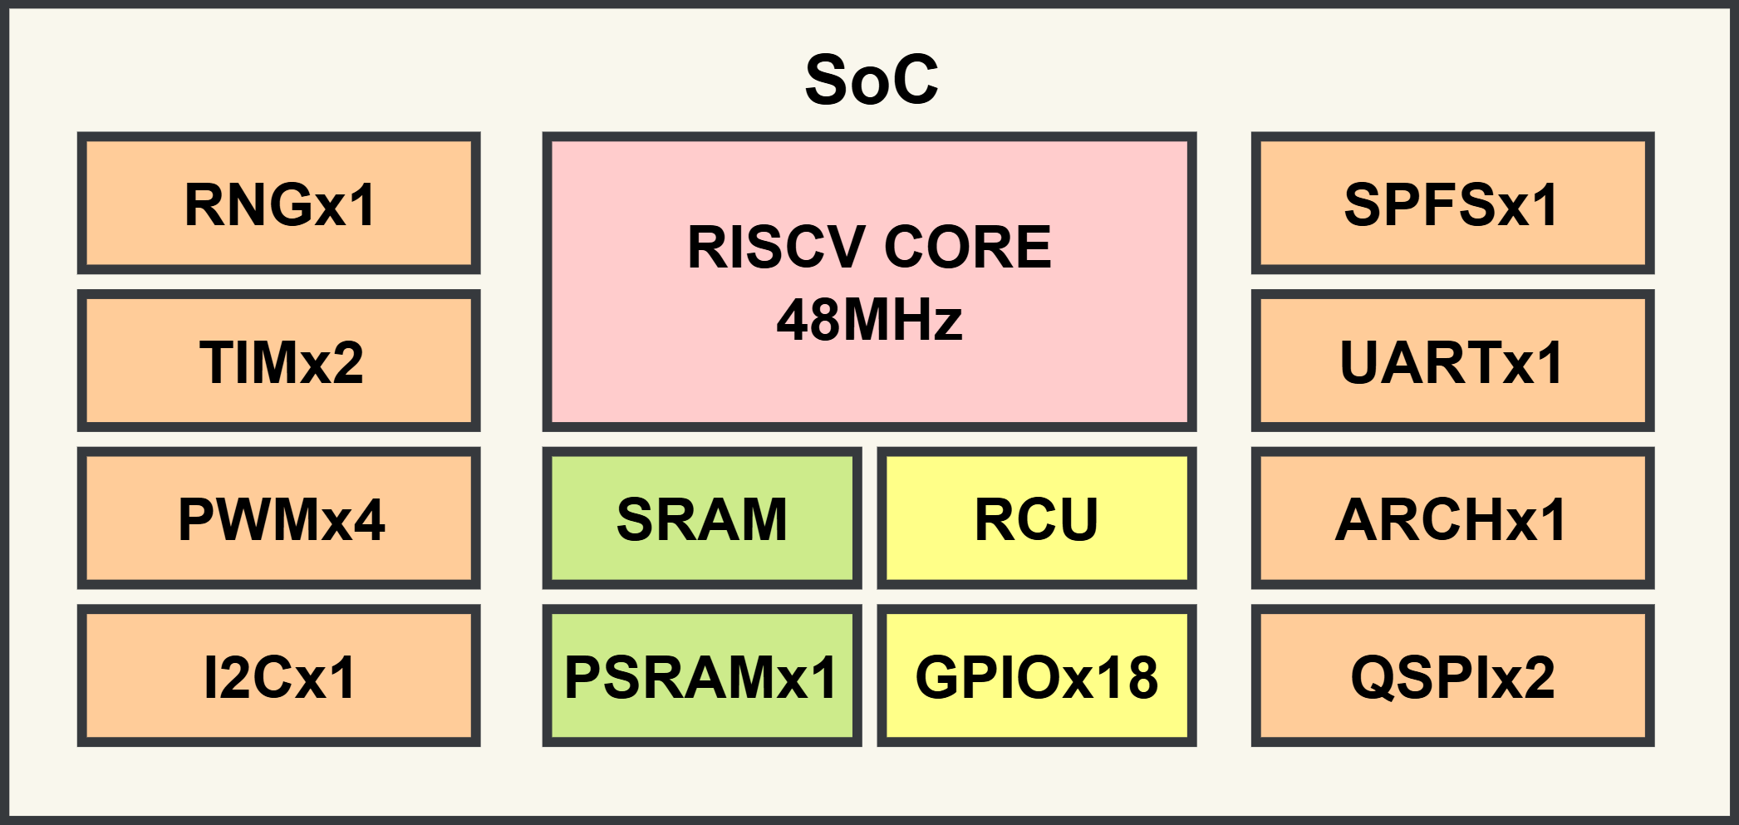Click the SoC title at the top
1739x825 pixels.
tap(871, 80)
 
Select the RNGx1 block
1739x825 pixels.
tap(279, 204)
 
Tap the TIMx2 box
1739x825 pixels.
tap(279, 361)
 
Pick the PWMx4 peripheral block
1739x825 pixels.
tap(279, 518)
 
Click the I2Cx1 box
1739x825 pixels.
tap(279, 676)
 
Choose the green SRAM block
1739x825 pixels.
tap(702, 518)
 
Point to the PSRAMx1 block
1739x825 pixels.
tap(702, 676)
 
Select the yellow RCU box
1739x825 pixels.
tap(1036, 518)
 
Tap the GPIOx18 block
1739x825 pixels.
tap(1036, 676)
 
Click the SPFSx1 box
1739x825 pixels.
tap(1452, 204)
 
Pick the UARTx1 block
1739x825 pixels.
tap(1452, 361)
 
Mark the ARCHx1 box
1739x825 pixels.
tap(1452, 518)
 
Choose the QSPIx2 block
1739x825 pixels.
tap(1452, 676)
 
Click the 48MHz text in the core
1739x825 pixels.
tap(869, 320)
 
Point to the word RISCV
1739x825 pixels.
tap(776, 247)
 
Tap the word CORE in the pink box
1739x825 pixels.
tap(968, 247)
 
